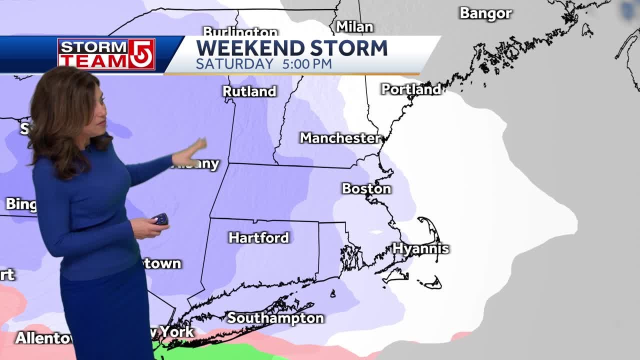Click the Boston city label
click(366, 188)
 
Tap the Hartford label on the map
click(258, 237)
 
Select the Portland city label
click(411, 89)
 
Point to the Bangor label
click(485, 13)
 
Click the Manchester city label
click(340, 138)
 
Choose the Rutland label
click(249, 91)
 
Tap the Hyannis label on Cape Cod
click(420, 248)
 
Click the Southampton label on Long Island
click(275, 318)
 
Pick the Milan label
click(354, 26)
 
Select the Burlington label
click(240, 32)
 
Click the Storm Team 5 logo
click(106, 54)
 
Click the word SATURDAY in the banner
click(234, 64)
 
